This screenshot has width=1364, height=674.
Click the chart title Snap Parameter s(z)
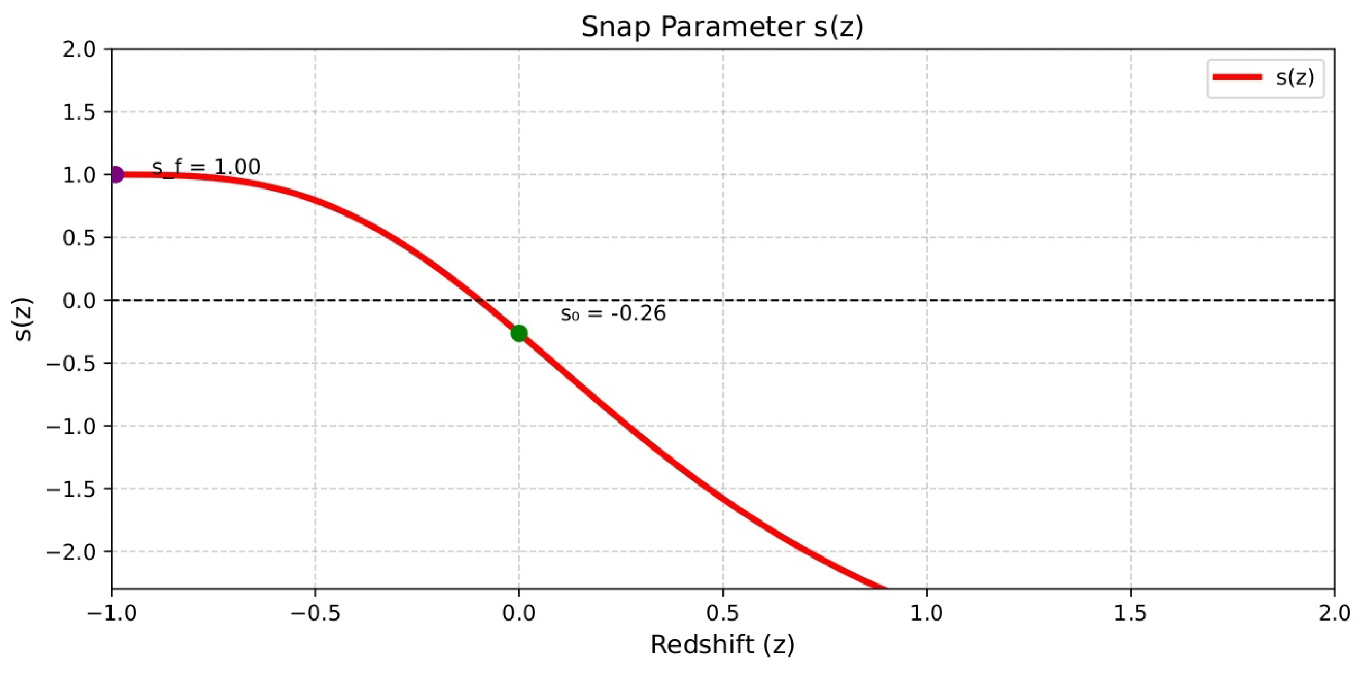722,26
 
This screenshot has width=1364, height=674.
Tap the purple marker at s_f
116,174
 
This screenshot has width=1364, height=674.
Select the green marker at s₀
519,332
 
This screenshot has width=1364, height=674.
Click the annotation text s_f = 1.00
206,167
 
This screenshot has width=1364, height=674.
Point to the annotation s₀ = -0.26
612,313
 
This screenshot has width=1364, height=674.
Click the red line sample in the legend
1238,77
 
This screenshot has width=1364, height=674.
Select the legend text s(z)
1295,77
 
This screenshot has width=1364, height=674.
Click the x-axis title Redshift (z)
722,644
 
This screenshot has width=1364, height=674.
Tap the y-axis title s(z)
24,319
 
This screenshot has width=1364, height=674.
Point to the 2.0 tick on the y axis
79,49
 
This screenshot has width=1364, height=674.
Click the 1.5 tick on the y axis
79,112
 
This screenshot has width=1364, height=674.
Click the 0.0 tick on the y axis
79,300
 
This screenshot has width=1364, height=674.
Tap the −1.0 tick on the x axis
111,613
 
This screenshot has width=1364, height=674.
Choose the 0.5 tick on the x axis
723,613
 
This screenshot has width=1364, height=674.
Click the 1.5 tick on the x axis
1131,613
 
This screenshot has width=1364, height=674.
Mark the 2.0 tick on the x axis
1333,613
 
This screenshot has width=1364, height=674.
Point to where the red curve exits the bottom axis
885,588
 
